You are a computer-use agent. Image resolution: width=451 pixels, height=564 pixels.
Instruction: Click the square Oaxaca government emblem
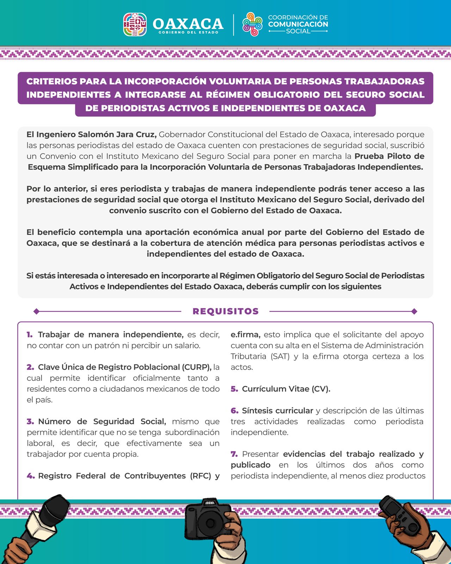pos(135,25)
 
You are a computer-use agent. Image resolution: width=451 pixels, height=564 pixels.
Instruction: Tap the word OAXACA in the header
pos(188,24)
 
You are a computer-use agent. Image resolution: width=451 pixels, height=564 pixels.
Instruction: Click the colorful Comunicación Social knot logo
pos(252,24)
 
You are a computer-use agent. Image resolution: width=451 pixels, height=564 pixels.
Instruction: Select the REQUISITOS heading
pos(225,311)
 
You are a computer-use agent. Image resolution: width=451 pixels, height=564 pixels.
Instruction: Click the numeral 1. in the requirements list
pos(30,335)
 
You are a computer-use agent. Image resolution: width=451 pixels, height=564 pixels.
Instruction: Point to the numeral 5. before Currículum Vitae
pos(234,389)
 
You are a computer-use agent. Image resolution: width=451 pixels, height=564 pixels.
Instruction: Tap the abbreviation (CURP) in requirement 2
pos(196,367)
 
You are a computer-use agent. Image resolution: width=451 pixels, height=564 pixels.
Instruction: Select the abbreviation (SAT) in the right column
pos(280,356)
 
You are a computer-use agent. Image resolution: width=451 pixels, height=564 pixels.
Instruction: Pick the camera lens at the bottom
pos(210,522)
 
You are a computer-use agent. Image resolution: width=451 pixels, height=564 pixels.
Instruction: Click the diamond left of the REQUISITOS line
pos(36,311)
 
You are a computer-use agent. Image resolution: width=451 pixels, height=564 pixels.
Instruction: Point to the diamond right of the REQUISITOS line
pos(414,311)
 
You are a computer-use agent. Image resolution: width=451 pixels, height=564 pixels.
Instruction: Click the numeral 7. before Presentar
pos(234,454)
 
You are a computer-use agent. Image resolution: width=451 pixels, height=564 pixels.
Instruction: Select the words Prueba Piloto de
pos(389,156)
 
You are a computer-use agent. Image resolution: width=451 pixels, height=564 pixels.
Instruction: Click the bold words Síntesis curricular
pos(277,411)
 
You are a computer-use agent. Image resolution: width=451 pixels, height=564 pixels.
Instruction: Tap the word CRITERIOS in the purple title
pos(51,81)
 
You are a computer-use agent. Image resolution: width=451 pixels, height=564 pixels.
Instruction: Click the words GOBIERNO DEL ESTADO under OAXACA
pos(188,32)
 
